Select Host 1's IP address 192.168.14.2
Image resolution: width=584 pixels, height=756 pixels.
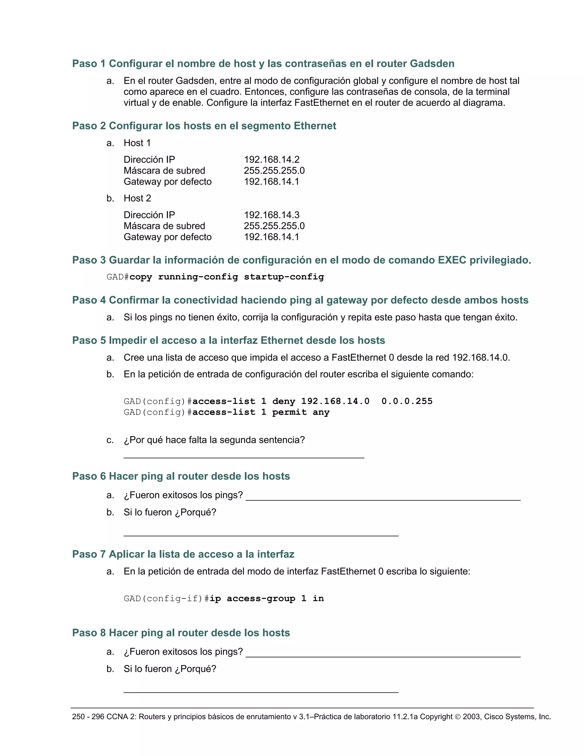271,159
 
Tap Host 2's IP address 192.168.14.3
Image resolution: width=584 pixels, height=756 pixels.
271,215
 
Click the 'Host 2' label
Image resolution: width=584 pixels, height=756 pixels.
137,198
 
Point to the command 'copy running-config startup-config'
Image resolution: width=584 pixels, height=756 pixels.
227,277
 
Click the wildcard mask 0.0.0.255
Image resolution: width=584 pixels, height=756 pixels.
407,401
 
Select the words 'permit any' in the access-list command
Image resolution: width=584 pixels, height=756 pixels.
301,412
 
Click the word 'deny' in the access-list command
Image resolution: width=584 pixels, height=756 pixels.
284,401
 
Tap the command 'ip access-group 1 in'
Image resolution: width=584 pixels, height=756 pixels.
267,599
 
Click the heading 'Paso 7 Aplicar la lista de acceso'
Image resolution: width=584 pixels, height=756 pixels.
183,554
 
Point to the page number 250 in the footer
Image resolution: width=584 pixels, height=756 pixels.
78,717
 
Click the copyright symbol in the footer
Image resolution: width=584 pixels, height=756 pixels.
457,717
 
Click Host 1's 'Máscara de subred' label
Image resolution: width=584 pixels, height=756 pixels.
164,171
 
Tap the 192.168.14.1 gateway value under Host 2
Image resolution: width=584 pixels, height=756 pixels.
271,237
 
